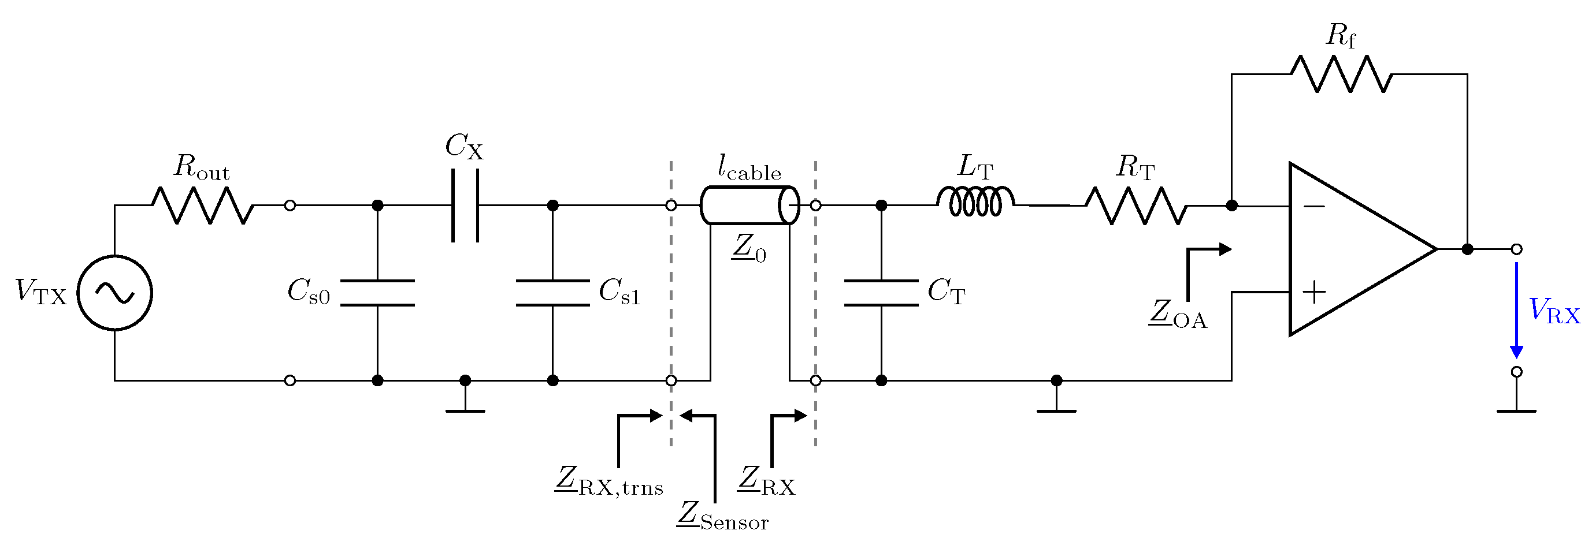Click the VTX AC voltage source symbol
click(115, 293)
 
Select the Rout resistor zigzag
click(203, 205)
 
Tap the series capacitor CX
click(465, 205)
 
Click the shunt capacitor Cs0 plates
click(377, 293)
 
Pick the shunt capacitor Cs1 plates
click(553, 293)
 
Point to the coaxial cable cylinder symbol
click(749, 205)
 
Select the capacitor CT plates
click(881, 293)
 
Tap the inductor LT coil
click(976, 202)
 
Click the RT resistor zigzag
click(1136, 205)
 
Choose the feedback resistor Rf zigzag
click(1341, 74)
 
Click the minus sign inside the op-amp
click(1314, 206)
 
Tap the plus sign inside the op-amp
click(1314, 292)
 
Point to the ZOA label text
click(1178, 315)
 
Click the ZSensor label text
click(722, 516)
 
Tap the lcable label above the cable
click(749, 168)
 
